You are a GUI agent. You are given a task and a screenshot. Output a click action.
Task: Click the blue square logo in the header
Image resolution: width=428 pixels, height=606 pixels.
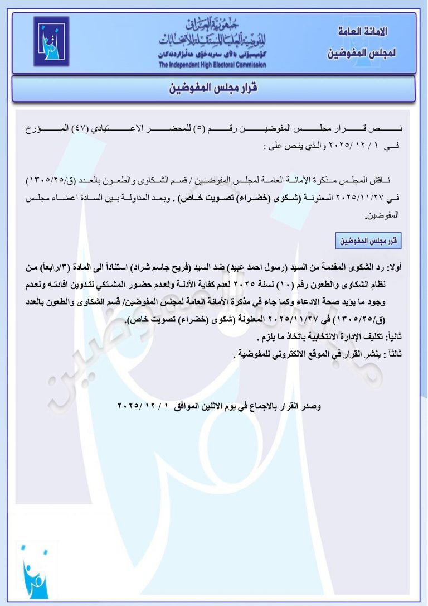(51, 41)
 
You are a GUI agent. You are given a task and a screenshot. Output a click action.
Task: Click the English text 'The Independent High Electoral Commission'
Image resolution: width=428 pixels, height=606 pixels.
(212, 65)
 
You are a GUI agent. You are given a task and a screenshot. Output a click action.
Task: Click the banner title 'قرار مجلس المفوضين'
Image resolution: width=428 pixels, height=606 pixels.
(213, 88)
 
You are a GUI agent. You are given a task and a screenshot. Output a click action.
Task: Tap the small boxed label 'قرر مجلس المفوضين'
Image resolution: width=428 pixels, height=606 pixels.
(369, 242)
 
